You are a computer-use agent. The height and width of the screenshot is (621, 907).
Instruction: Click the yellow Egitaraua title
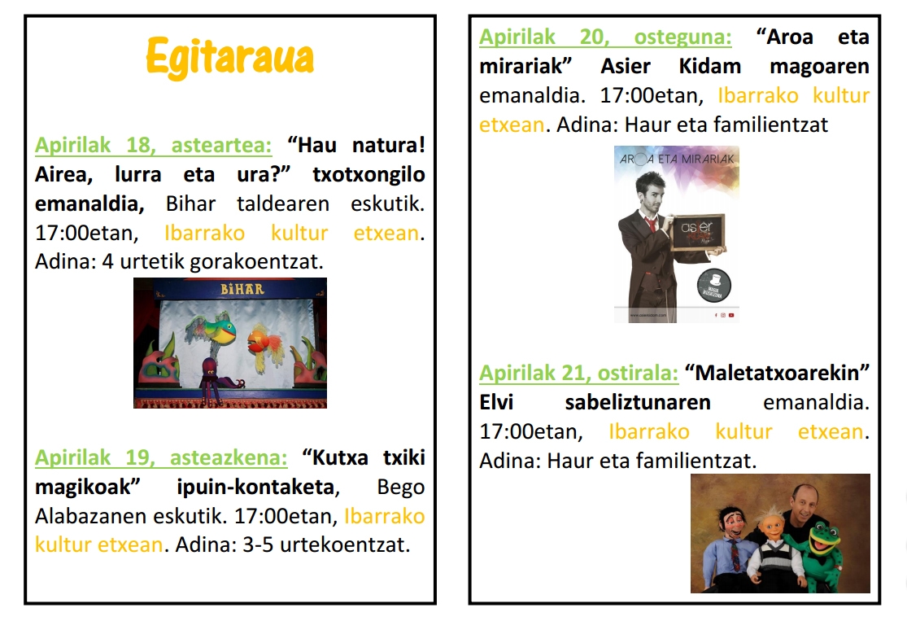click(x=229, y=57)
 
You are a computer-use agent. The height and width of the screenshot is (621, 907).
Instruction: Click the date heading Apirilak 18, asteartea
click(x=153, y=145)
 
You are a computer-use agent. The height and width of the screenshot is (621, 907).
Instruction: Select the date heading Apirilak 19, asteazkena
click(x=161, y=457)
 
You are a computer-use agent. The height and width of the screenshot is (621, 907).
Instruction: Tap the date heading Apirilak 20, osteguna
click(x=605, y=37)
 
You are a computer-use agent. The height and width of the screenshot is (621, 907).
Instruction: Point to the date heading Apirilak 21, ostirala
click(x=578, y=373)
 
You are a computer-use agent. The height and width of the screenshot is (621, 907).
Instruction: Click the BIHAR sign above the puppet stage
click(x=242, y=288)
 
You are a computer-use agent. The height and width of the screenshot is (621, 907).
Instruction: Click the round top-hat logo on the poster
click(x=713, y=286)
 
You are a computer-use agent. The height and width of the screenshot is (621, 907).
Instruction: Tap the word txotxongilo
click(x=369, y=174)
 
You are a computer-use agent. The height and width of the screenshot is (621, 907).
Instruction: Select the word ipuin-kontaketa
click(x=255, y=487)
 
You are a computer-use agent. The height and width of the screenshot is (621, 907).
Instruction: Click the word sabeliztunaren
click(x=638, y=402)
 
